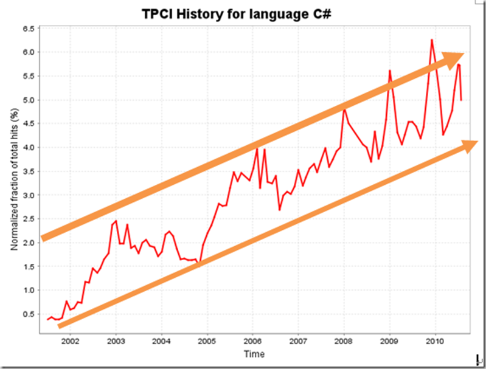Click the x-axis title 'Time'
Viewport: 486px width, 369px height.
254,354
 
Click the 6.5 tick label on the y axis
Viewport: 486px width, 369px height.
29,29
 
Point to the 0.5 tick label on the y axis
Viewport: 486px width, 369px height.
29,314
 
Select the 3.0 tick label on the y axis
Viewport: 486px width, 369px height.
29,195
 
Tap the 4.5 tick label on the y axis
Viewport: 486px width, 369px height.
29,124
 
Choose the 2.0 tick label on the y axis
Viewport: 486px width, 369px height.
29,243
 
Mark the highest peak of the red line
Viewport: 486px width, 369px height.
432,40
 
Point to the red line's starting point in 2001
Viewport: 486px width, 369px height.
47,319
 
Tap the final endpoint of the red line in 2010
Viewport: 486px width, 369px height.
462,100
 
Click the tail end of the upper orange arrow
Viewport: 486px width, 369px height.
43,237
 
